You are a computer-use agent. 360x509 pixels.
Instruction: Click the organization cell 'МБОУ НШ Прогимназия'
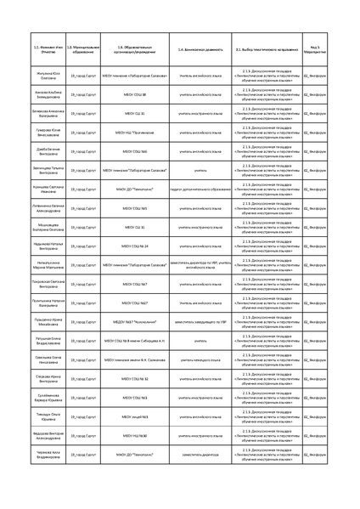(135, 132)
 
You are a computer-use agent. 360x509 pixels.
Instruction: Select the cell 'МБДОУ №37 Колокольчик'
(135, 321)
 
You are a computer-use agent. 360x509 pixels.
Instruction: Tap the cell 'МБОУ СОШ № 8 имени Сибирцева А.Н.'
(135, 340)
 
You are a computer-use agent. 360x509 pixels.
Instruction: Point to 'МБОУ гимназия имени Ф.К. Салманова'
(135, 359)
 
